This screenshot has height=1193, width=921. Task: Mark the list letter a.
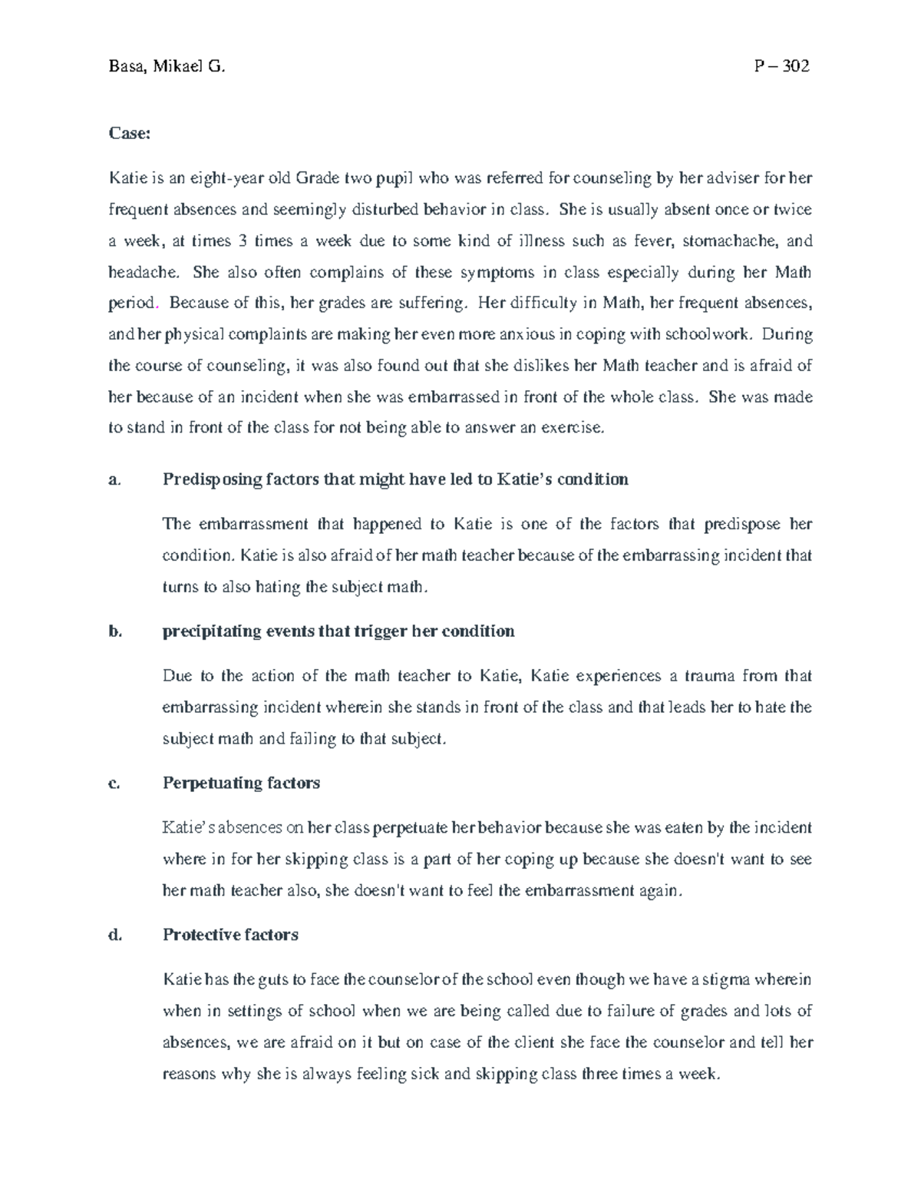pyautogui.click(x=114, y=480)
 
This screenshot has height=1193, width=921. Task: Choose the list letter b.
pyautogui.click(x=115, y=632)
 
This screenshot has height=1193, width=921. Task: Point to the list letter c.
pyautogui.click(x=114, y=784)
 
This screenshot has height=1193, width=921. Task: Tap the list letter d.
pyautogui.click(x=115, y=936)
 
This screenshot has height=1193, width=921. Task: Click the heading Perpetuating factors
pyautogui.click(x=241, y=784)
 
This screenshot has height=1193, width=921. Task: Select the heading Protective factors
pyautogui.click(x=230, y=936)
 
